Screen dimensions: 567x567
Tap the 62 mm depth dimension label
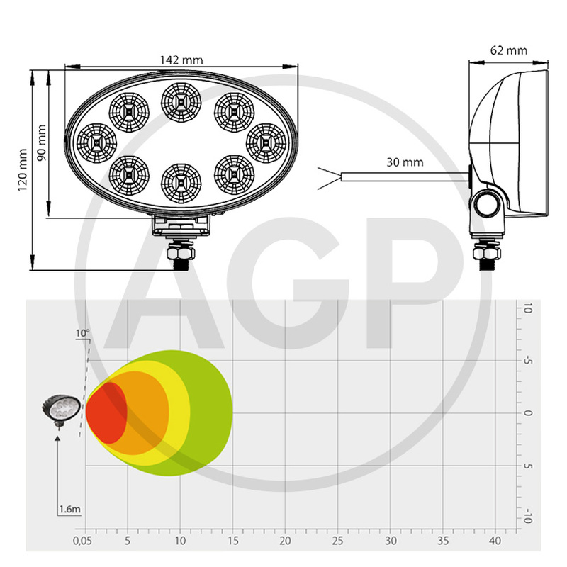508,50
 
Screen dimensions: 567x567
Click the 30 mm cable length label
405,162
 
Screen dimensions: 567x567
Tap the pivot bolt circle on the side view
487,206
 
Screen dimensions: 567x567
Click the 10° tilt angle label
84,332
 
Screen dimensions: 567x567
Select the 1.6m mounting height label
69,509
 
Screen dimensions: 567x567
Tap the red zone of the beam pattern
106,413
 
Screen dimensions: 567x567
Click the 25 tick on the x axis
337,541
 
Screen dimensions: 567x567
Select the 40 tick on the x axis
496,541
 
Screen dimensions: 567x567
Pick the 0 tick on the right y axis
527,413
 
